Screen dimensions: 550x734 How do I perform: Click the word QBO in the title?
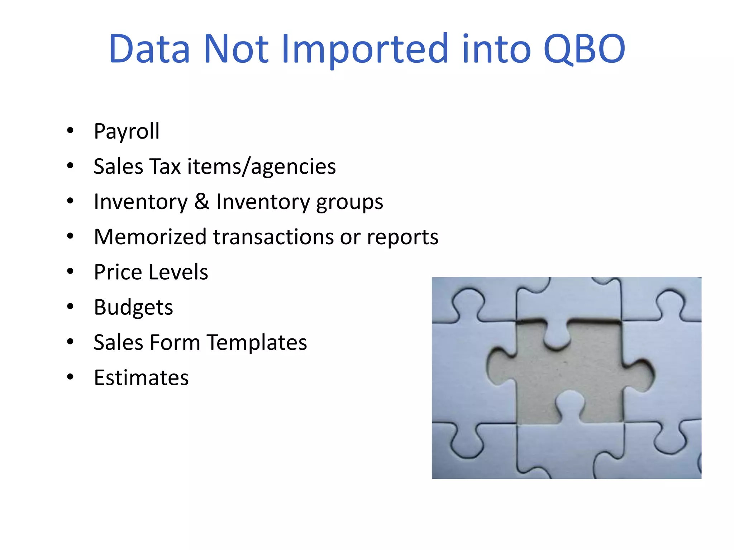point(584,49)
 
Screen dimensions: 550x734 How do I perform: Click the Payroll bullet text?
point(127,131)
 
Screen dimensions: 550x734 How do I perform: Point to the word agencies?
point(293,167)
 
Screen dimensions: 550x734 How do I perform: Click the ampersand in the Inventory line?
point(202,201)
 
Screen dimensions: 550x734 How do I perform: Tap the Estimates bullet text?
point(141,378)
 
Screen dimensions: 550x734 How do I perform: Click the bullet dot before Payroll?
point(70,131)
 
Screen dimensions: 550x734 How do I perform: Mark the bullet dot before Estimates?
point(70,377)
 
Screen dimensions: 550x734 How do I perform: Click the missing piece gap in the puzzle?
point(570,372)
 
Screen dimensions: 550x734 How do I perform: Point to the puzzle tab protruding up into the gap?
point(570,405)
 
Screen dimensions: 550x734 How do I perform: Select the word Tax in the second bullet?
point(165,167)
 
